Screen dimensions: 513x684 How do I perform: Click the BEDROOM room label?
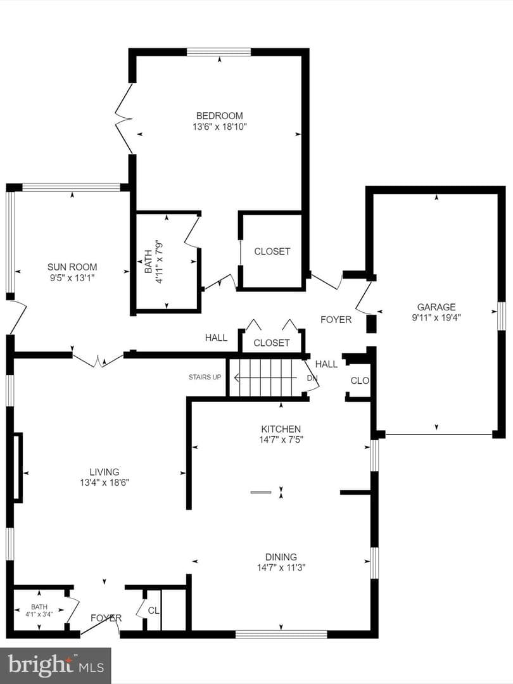(219, 116)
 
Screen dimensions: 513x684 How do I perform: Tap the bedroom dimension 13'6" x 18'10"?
(220, 127)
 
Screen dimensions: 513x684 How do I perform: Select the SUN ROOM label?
(72, 267)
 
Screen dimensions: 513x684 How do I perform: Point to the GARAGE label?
(436, 307)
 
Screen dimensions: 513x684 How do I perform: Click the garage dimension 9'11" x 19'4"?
(436, 317)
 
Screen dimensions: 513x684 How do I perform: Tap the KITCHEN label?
(281, 429)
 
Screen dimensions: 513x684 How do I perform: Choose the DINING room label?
(281, 557)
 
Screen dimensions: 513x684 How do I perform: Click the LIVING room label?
(104, 472)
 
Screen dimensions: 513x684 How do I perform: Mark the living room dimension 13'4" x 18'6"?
(104, 483)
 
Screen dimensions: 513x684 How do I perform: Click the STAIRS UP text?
(205, 377)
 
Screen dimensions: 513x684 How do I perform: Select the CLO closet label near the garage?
(360, 381)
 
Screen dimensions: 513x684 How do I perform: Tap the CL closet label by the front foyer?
(153, 611)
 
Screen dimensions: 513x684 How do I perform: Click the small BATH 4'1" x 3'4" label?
(39, 611)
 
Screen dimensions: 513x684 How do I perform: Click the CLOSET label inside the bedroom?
(272, 251)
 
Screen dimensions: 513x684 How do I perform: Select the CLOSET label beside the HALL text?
(271, 343)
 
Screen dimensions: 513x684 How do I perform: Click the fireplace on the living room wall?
(17, 467)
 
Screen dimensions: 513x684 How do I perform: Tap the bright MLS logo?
(55, 665)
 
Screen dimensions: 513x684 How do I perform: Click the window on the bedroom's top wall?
(219, 52)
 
